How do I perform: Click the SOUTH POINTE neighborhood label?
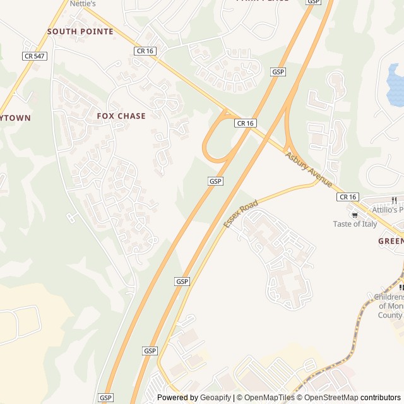(x=80, y=31)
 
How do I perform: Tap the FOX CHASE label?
(x=121, y=116)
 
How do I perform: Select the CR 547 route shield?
(x=35, y=56)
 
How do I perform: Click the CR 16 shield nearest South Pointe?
(x=144, y=50)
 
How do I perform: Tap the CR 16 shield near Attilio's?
(x=348, y=197)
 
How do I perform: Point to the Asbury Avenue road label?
(x=309, y=169)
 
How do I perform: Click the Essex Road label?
(x=241, y=214)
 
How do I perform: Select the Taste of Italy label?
(x=355, y=224)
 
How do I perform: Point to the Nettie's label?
(x=83, y=4)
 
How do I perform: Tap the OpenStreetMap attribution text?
(x=328, y=398)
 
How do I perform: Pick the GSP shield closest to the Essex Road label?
(x=215, y=181)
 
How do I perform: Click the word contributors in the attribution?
(x=381, y=398)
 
